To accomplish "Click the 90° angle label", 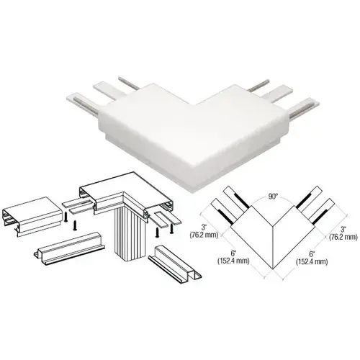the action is [273, 197].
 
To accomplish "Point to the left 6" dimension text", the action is [233, 253].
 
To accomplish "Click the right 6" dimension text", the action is [312, 253].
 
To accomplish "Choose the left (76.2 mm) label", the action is [204, 235].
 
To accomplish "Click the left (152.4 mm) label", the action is [233, 261].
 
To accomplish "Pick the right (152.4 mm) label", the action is [312, 261].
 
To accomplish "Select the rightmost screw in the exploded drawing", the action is [171, 228].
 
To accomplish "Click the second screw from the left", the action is [75, 225].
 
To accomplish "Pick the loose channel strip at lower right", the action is [175, 261].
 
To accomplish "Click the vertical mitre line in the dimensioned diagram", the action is [273, 247].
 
